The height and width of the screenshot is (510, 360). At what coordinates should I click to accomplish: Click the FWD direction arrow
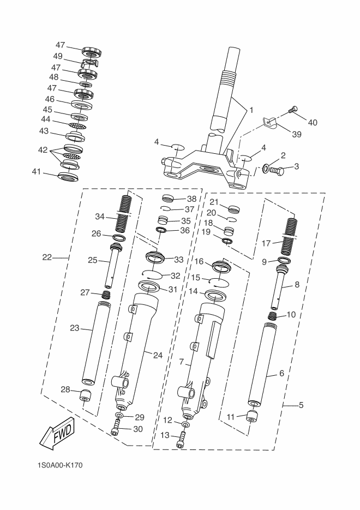pyautogui.click(x=57, y=433)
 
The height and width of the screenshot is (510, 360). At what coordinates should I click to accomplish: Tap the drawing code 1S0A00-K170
pyautogui.click(x=60, y=465)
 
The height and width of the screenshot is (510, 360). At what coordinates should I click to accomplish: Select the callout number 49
pyautogui.click(x=58, y=56)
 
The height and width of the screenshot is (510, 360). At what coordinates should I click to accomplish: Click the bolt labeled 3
pyautogui.click(x=278, y=170)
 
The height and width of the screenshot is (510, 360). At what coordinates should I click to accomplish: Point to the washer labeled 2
pyautogui.click(x=266, y=169)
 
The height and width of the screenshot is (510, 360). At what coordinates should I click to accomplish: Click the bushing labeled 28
pyautogui.click(x=85, y=394)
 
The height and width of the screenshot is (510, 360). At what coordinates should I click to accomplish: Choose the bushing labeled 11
pyautogui.click(x=253, y=416)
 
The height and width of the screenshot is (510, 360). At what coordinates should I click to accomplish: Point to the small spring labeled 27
pyautogui.click(x=106, y=295)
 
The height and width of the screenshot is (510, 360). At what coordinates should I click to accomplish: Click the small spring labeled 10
pyautogui.click(x=273, y=315)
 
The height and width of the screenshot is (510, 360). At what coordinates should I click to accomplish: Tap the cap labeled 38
pyautogui.click(x=169, y=198)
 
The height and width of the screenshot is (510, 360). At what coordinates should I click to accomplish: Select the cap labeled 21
pyautogui.click(x=234, y=209)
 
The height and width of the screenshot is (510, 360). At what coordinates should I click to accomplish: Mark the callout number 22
pyautogui.click(x=47, y=257)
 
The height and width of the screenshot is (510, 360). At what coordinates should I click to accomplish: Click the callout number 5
pyautogui.click(x=301, y=405)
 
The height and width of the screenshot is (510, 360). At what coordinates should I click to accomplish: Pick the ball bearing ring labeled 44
pyautogui.click(x=78, y=125)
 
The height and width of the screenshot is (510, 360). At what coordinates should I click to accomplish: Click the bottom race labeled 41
pyautogui.click(x=68, y=176)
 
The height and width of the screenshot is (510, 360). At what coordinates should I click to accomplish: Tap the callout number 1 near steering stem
pyautogui.click(x=251, y=110)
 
